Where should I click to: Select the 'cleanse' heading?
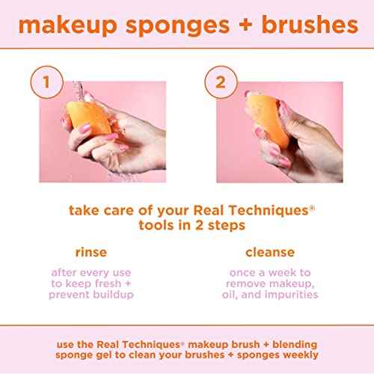[270, 252]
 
